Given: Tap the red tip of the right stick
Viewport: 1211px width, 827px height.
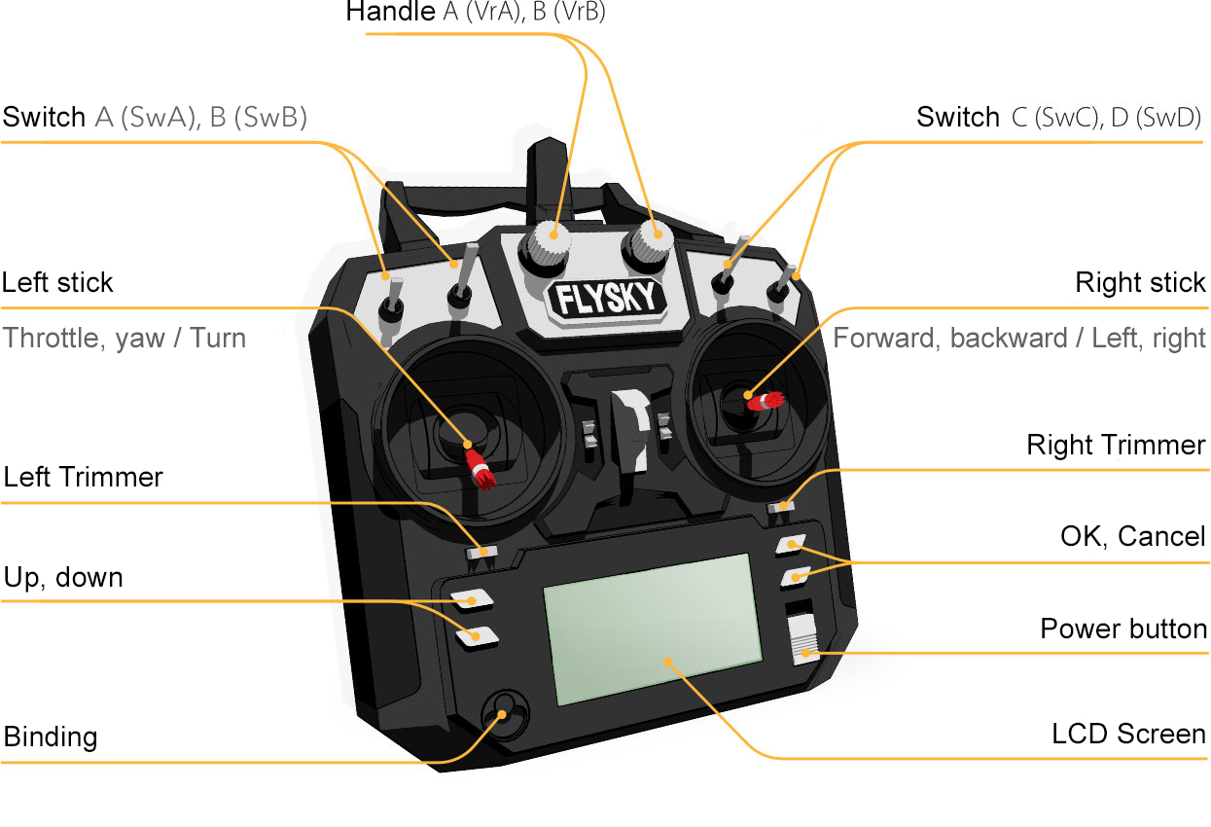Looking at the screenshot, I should (768, 400).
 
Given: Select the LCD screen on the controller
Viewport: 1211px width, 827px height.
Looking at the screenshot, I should (651, 629).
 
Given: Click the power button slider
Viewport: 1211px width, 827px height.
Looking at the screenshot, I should (803, 642).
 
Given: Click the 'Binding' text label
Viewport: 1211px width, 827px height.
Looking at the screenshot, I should (51, 737).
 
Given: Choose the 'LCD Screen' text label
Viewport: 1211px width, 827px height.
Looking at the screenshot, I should (1128, 734).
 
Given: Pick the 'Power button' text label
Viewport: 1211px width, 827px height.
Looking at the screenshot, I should (1123, 629).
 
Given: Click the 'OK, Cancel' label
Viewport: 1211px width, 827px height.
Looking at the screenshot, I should (1132, 536).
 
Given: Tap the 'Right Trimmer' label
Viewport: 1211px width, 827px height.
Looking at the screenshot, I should (1116, 446).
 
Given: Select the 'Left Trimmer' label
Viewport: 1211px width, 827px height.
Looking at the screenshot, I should (83, 478).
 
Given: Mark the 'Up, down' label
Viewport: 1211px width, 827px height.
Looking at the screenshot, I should (63, 578).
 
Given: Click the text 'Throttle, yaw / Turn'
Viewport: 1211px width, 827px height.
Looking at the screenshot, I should (124, 339).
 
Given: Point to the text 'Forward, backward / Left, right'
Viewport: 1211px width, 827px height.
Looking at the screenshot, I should (1019, 339).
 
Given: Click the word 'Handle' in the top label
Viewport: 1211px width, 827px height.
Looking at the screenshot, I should (390, 13).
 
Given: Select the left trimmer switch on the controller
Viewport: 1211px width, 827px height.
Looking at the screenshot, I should (481, 552).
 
